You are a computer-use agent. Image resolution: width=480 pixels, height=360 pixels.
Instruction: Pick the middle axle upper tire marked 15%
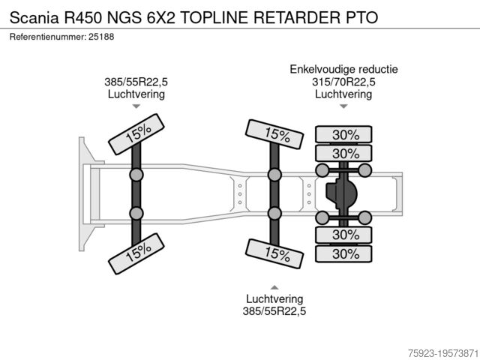pyautogui.click(x=275, y=135)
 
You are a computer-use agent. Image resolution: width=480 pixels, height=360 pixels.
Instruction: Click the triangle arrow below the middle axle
pyautogui.click(x=274, y=286)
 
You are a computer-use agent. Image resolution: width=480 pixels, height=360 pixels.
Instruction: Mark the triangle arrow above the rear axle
pyautogui.click(x=343, y=106)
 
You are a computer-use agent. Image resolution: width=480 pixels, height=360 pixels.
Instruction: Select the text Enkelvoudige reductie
pyautogui.click(x=343, y=70)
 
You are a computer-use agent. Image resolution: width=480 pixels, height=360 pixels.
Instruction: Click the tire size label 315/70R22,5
pyautogui.click(x=343, y=82)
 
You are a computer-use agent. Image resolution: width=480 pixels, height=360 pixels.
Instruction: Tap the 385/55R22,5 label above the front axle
pyautogui.click(x=136, y=82)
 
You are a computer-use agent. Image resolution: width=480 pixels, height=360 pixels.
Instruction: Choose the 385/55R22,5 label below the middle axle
pyautogui.click(x=274, y=310)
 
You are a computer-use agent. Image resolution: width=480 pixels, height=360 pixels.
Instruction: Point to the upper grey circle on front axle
pyautogui.click(x=137, y=175)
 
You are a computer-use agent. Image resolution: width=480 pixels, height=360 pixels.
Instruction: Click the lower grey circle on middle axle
pyautogui.click(x=275, y=214)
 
